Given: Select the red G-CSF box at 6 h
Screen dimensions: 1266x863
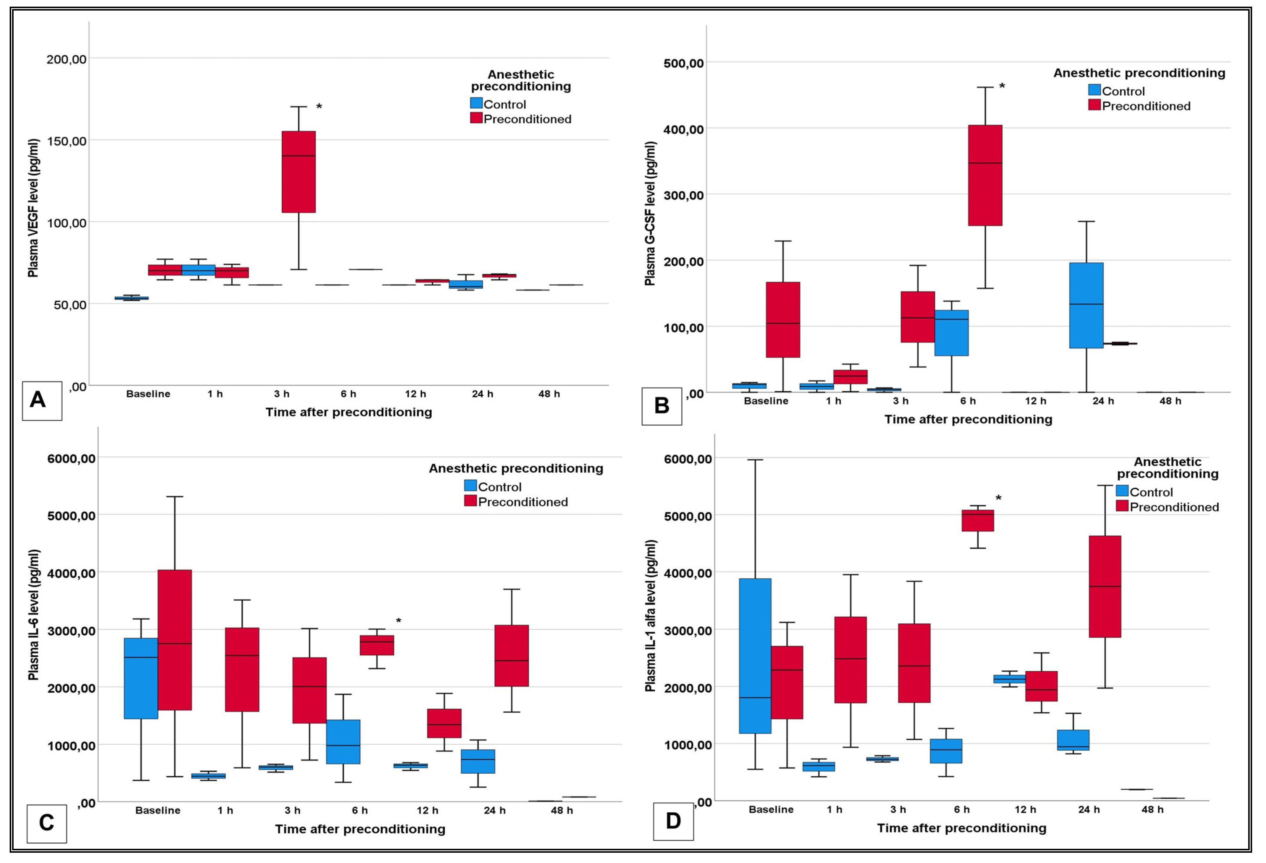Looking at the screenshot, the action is pyautogui.click(x=985, y=175).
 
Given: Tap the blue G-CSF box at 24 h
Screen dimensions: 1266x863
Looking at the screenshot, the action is pyautogui.click(x=1086, y=305).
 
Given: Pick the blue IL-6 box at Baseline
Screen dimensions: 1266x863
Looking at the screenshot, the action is pyautogui.click(x=141, y=679).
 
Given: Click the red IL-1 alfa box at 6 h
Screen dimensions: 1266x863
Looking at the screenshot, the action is pyautogui.click(x=978, y=520).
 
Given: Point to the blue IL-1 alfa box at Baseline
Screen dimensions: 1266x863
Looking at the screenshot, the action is pyautogui.click(x=755, y=656).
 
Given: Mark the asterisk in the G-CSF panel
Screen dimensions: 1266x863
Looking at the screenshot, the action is pyautogui.click(x=1002, y=86).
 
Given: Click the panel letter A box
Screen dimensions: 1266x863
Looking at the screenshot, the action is pyautogui.click(x=42, y=401).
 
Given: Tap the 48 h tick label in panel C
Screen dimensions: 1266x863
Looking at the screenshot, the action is pyautogui.click(x=562, y=810).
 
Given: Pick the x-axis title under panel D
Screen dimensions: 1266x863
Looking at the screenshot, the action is pyautogui.click(x=962, y=828).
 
